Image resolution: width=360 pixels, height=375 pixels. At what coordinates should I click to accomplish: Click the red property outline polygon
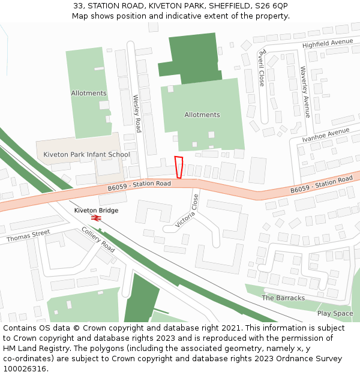click(x=178, y=167)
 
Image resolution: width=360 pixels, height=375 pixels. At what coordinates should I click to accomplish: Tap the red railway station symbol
click(x=96, y=218)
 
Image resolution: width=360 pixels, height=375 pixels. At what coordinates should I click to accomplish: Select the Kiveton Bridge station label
click(x=96, y=211)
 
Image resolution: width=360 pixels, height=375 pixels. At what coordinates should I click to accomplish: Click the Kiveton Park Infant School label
click(x=86, y=155)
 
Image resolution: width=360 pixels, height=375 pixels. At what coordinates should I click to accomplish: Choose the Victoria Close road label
click(x=187, y=211)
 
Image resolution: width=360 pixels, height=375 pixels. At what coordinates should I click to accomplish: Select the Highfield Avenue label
click(x=328, y=43)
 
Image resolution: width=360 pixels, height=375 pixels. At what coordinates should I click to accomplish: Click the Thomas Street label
click(x=28, y=236)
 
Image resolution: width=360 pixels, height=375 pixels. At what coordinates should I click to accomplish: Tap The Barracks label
click(x=283, y=298)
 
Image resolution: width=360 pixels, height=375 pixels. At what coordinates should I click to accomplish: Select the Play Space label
click(x=335, y=313)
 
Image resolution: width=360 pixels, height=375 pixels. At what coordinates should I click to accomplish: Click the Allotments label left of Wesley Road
click(x=89, y=93)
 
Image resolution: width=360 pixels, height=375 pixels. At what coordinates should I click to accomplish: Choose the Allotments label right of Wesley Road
click(x=202, y=115)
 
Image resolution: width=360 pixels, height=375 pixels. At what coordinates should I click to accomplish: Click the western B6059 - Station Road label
click(x=139, y=185)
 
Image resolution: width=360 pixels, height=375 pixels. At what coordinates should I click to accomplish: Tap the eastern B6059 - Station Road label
click(x=321, y=185)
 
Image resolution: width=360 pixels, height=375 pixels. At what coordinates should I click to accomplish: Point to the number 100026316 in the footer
click(x=25, y=368)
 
